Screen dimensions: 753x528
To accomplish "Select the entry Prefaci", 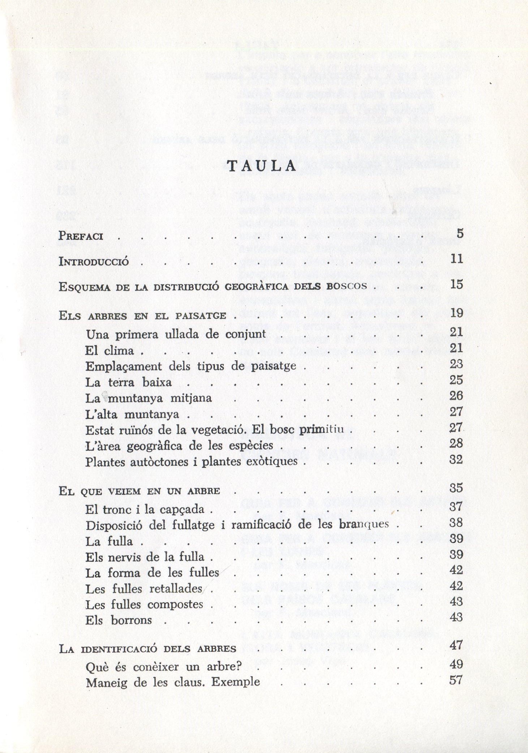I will (81, 236).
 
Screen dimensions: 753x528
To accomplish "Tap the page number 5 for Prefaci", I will (459, 234).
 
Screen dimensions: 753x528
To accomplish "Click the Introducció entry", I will (94, 262).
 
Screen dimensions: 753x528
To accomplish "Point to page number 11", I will (456, 259).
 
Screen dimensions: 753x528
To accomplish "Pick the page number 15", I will (456, 284).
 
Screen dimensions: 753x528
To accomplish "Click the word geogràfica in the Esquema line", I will (257, 287).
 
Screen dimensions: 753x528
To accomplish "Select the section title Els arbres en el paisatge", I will (142, 316).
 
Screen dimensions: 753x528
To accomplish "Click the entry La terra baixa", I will (128, 382).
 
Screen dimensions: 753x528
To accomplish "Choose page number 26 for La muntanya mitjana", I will (456, 396).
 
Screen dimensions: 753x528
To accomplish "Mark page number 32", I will (456, 459).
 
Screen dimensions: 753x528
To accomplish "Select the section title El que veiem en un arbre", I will (139, 491).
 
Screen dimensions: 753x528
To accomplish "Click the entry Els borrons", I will (119, 620).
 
